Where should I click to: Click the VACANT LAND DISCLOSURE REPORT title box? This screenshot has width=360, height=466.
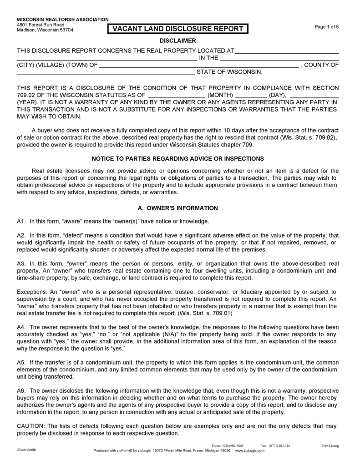[x=177, y=29]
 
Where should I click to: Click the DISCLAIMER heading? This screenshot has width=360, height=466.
[x=177, y=41]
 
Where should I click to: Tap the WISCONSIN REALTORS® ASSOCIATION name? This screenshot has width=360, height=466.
[x=63, y=20]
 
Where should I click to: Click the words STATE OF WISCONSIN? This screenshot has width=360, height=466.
[x=229, y=72]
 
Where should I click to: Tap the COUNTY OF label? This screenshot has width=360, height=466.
[x=321, y=65]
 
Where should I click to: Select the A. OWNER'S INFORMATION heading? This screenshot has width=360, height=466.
[x=177, y=208]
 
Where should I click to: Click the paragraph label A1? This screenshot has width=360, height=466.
[x=21, y=221]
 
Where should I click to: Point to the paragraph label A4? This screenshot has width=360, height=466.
[x=21, y=327]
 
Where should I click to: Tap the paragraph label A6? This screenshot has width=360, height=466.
[x=21, y=390]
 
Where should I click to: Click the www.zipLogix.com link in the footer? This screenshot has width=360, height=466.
[x=250, y=450]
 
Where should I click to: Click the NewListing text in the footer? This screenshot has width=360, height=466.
[x=331, y=446]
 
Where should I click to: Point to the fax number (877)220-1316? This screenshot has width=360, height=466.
[x=279, y=446]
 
